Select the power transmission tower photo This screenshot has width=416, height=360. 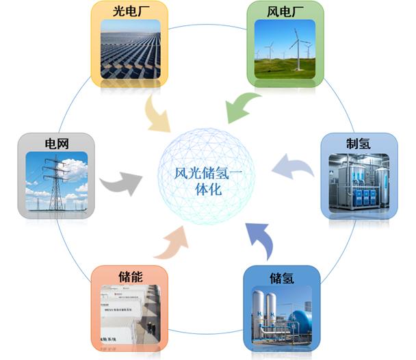57,181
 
